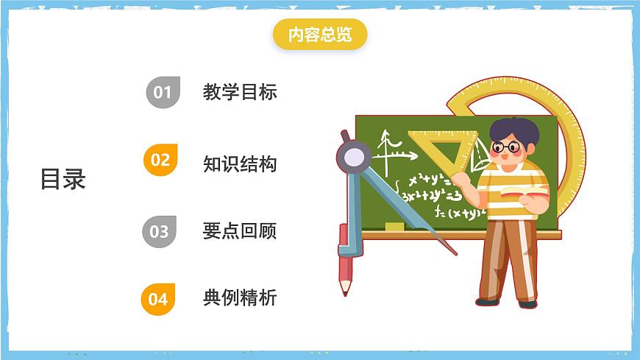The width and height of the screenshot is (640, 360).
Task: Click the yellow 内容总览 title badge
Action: pos(319,35)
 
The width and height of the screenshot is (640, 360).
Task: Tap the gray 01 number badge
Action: pos(163,92)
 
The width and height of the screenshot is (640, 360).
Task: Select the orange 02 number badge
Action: pos(160,160)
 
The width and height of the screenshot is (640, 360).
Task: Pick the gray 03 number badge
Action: pos(160,231)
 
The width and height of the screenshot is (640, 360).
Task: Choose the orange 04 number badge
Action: pos(158,299)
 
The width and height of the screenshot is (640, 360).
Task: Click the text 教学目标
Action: pos(240,92)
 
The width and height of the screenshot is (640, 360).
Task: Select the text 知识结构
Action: pos(240,163)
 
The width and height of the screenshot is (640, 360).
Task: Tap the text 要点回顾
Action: pos(240,231)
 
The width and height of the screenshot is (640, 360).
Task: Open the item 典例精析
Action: pos(240,298)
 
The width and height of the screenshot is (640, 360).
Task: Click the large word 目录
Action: pos(63,179)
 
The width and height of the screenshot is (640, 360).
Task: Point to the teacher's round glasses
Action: pos(506,147)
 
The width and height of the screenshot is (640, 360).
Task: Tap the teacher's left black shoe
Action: pos(487,301)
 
